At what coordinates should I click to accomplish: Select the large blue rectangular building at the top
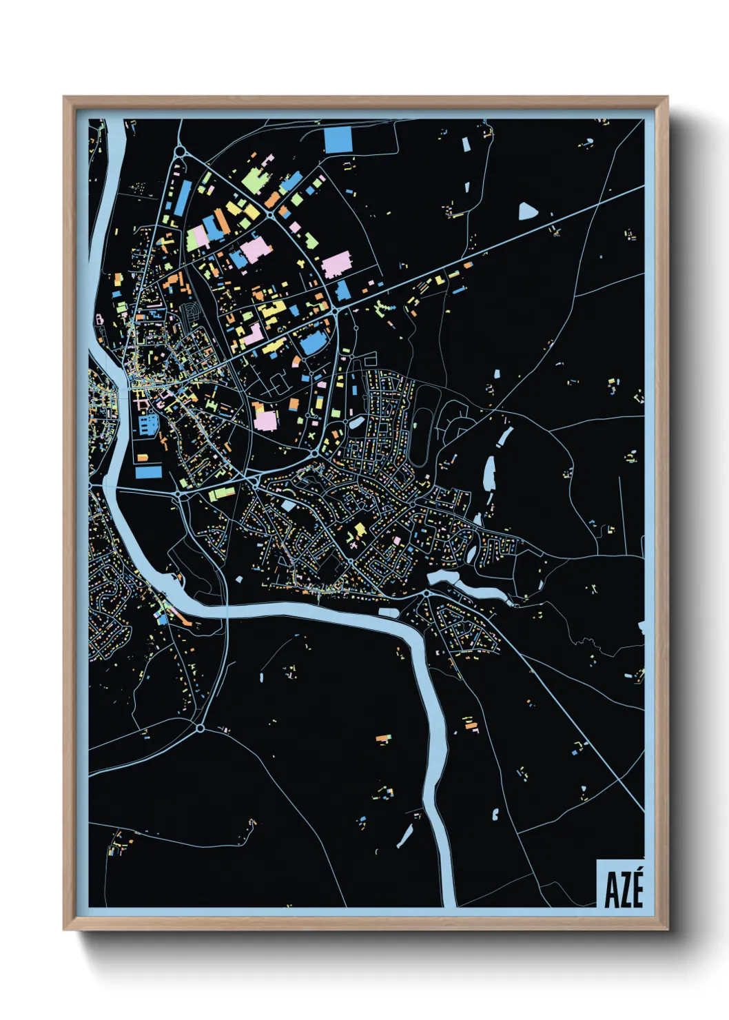coord(338,140)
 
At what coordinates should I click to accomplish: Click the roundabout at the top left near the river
coord(181,152)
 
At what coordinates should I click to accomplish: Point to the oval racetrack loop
coord(422,426)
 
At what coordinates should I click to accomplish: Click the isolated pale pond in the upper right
coord(526,211)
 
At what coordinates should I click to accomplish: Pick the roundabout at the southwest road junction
coord(200,728)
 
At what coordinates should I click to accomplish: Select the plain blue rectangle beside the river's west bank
coord(149,472)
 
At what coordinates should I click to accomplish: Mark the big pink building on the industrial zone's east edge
coord(336,265)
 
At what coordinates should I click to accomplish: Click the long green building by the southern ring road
coord(222,493)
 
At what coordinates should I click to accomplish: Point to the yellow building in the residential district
coord(358,531)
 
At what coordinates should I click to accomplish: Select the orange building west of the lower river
coord(383,739)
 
